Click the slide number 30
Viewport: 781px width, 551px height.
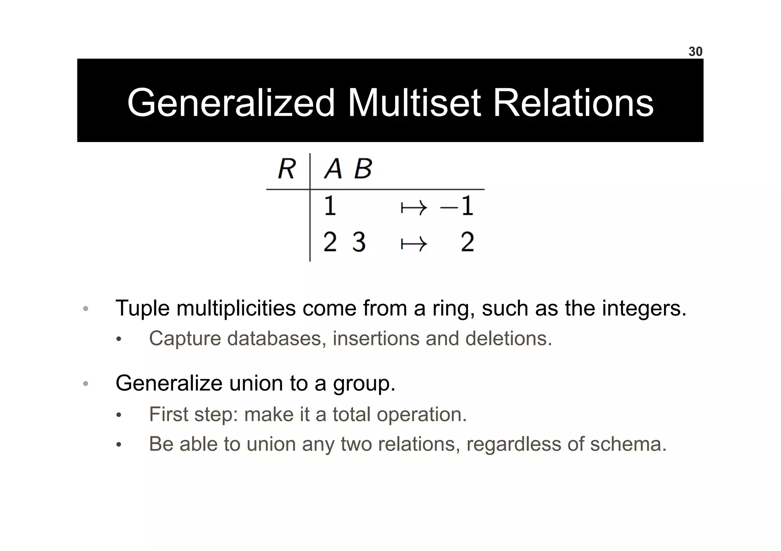click(x=695, y=51)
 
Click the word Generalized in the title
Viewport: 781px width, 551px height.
click(x=231, y=103)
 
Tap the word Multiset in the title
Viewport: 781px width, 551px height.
click(x=414, y=103)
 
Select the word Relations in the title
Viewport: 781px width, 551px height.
click(x=573, y=103)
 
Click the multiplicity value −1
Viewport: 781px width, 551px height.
click(x=457, y=206)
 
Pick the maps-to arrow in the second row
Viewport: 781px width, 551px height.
click(x=414, y=244)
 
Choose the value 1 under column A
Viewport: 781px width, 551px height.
click(x=330, y=206)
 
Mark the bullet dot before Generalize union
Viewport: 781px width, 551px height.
click(x=86, y=384)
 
